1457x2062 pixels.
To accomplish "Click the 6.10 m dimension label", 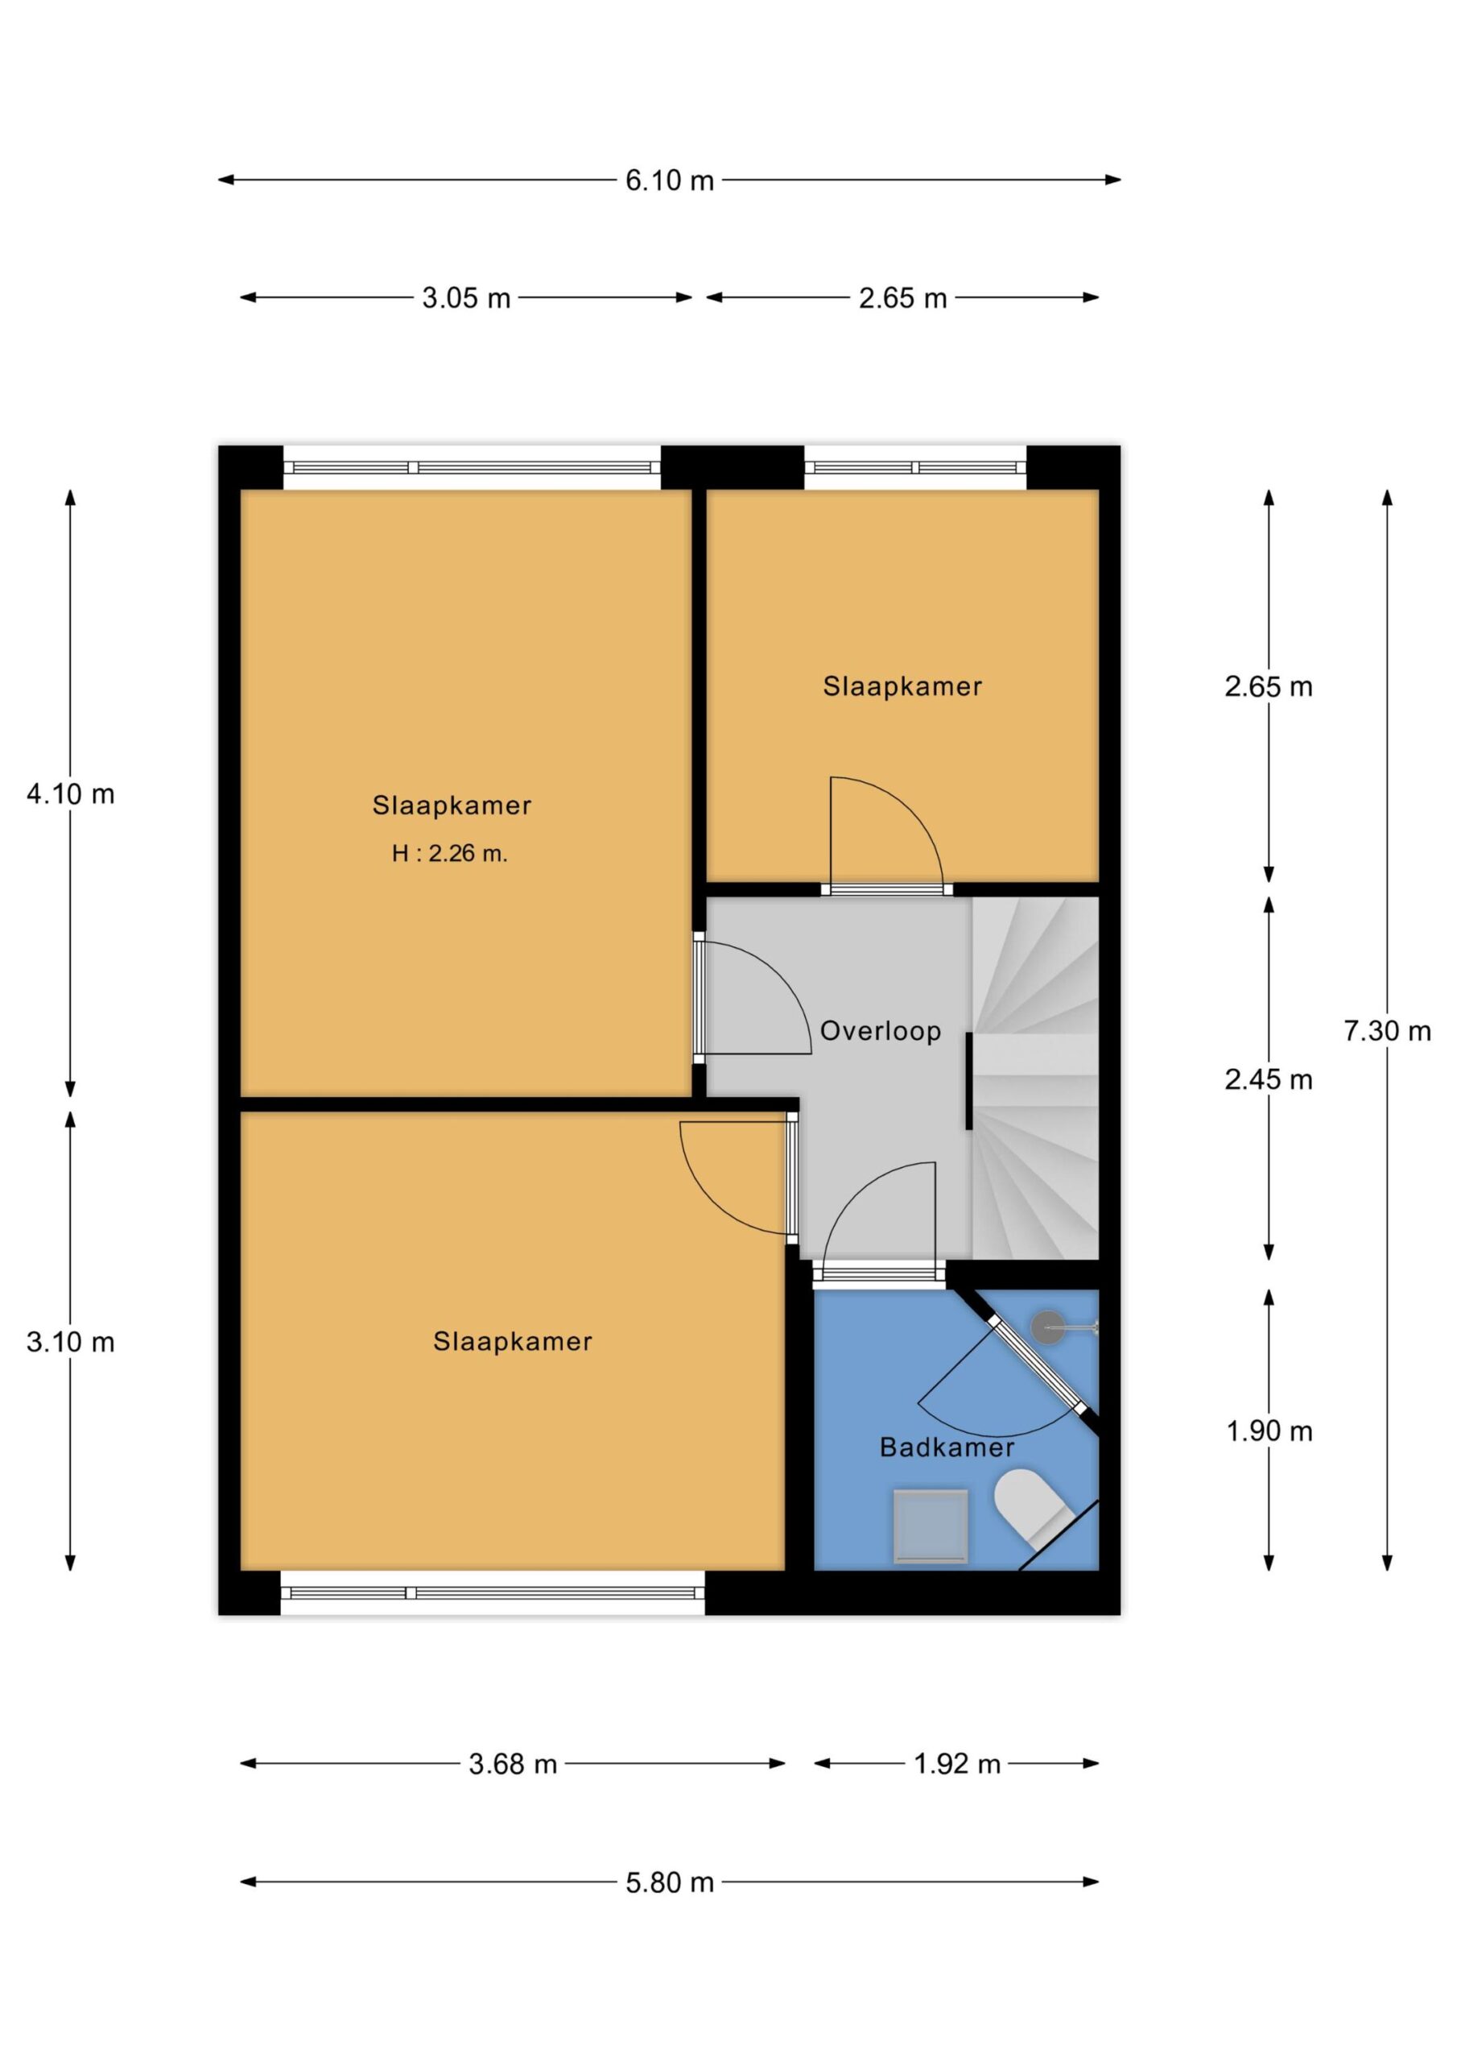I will (669, 180).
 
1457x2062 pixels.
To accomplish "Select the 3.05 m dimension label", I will (466, 298).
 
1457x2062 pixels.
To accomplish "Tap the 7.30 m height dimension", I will (1387, 1030).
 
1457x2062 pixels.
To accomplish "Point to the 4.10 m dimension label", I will (71, 794).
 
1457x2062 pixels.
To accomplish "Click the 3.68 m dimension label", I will (513, 1764).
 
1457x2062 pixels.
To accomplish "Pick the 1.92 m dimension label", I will (957, 1764).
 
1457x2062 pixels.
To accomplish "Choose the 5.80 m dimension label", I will (670, 1882).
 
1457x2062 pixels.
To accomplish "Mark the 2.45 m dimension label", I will (1268, 1079).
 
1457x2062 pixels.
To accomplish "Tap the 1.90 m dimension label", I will (1269, 1431).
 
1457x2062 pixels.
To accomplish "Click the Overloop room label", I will (881, 1031).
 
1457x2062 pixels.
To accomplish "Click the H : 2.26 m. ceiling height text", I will (450, 853).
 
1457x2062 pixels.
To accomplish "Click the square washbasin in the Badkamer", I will (930, 1525).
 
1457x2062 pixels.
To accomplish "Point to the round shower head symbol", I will (1046, 1327).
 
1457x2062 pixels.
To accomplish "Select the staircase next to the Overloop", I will (1036, 1078).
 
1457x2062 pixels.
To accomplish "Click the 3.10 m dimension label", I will (71, 1342).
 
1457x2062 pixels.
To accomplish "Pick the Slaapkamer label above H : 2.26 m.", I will (452, 805).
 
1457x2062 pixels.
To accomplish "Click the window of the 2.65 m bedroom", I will (914, 467).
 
